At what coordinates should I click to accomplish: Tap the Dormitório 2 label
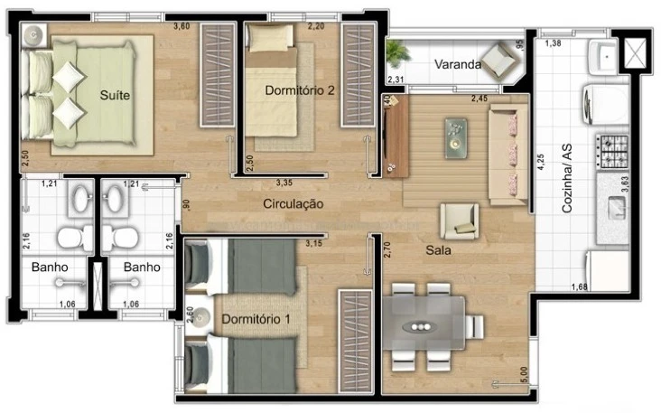300,90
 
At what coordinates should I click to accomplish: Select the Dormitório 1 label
256,318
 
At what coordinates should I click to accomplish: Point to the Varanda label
456,64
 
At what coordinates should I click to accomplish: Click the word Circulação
293,204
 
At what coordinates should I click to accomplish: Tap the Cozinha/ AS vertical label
567,183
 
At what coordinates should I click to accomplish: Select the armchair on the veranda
498,61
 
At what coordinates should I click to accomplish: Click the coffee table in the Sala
457,135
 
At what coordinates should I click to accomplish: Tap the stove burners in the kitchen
614,150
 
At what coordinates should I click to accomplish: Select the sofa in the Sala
508,151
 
